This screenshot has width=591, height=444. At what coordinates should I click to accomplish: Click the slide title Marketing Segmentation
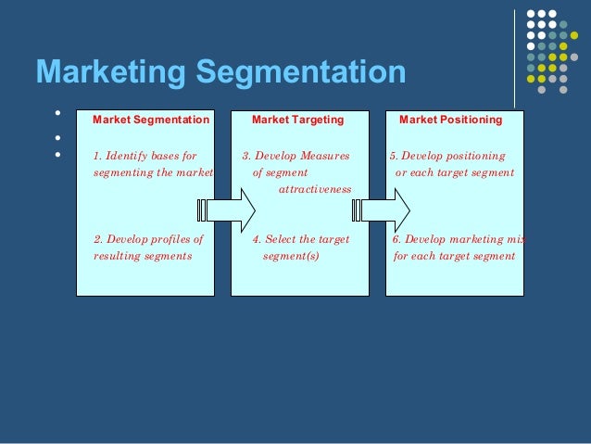coord(220,72)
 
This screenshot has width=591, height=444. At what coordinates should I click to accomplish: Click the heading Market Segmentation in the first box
coord(151,120)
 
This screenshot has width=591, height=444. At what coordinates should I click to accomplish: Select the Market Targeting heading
coord(297,120)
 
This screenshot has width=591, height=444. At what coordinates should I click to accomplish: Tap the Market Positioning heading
coord(450,120)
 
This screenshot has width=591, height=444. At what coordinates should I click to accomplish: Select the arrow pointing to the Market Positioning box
coord(384,210)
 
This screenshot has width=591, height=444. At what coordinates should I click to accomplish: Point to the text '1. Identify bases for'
coord(145,156)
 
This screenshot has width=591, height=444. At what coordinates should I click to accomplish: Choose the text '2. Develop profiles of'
coord(148,238)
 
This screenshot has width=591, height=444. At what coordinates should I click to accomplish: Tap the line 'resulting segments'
coord(143,255)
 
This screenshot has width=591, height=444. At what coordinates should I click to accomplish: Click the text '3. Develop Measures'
coord(296,156)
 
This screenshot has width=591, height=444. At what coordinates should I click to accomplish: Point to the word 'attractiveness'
coord(315,189)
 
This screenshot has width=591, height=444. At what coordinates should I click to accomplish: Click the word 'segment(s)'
coord(291,255)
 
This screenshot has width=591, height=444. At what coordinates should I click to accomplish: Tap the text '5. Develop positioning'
coord(447,156)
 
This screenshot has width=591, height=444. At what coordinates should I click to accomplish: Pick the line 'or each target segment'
coord(454,172)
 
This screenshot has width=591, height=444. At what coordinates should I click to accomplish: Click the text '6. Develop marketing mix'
coord(458,238)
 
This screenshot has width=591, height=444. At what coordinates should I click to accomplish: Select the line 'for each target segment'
coord(454,255)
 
